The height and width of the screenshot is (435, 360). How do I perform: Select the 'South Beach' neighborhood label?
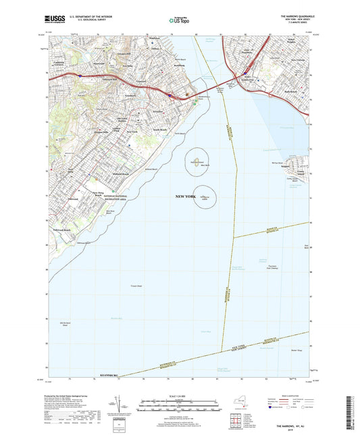click(x=159, y=128)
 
